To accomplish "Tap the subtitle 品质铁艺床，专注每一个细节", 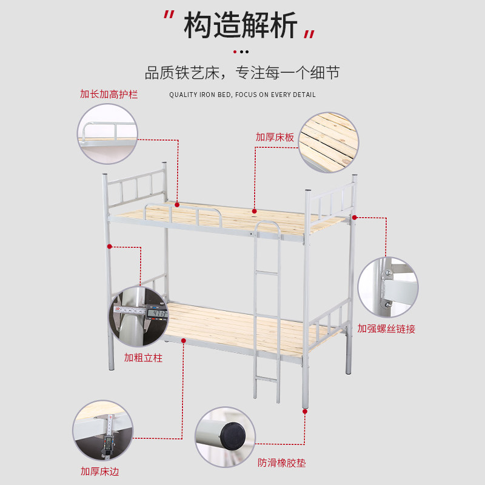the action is [x=242, y=73].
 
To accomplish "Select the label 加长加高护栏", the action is [x=109, y=95].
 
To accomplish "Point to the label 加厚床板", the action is [x=275, y=137].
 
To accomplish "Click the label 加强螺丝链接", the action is [x=386, y=329].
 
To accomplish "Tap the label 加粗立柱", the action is [x=143, y=358].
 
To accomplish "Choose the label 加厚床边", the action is [x=100, y=470].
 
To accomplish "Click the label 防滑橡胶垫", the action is [x=281, y=463].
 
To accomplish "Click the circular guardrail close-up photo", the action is [x=107, y=133].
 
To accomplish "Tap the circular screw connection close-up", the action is [x=387, y=287].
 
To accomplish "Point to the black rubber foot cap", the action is [x=232, y=435].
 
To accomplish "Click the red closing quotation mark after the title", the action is [x=310, y=33].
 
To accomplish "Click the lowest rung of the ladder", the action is [x=266, y=380].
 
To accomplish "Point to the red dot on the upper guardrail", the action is [x=177, y=204].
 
